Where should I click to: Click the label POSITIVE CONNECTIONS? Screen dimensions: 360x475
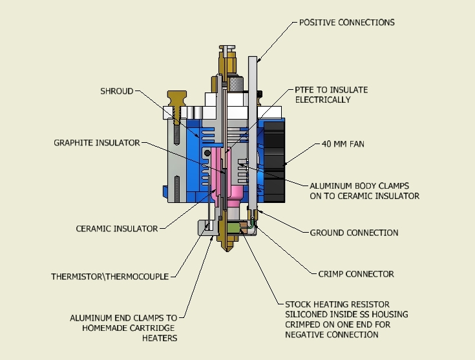click(x=346, y=23)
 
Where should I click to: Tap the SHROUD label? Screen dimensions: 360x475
click(x=117, y=91)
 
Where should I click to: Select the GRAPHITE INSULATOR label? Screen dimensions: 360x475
click(x=97, y=143)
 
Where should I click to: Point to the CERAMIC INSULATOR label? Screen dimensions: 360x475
click(x=117, y=228)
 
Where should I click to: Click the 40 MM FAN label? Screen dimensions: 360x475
click(x=342, y=143)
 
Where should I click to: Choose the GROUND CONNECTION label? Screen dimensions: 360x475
click(x=354, y=233)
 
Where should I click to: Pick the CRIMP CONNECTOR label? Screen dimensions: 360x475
click(x=355, y=274)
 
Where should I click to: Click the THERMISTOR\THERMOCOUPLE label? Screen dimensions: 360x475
click(x=110, y=277)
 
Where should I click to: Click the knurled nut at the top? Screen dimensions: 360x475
click(x=235, y=83)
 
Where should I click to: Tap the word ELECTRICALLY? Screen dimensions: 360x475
click(x=323, y=100)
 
